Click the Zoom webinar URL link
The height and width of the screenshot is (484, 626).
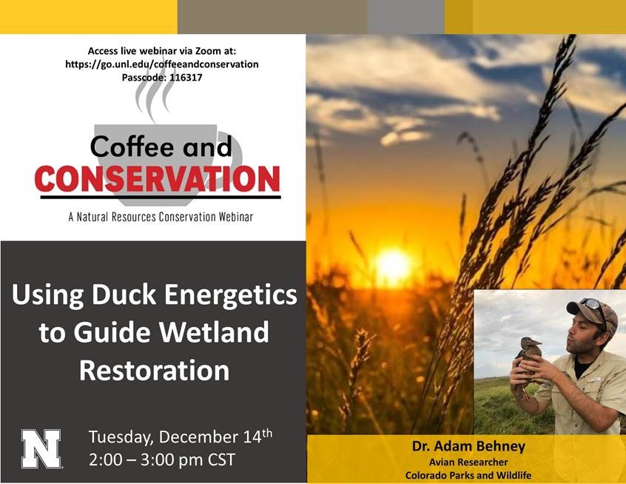tap(162, 64)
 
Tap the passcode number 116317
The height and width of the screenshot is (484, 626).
tap(186, 77)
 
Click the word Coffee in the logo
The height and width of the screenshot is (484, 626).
tap(132, 146)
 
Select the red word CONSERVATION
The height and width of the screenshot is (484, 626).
tap(158, 179)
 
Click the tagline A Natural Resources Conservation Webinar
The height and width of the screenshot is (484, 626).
tap(161, 217)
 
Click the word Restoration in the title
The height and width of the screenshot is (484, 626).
tap(155, 370)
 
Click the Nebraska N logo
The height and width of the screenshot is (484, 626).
tap(41, 448)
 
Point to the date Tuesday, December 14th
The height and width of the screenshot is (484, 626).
tap(181, 437)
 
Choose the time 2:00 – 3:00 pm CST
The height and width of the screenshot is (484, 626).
tap(162, 460)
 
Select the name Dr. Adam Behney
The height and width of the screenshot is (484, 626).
tap(468, 446)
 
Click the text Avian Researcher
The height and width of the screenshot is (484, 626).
tap(468, 462)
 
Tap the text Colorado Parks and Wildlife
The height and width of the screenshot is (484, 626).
tap(468, 475)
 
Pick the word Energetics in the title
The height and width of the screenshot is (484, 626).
tap(230, 295)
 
